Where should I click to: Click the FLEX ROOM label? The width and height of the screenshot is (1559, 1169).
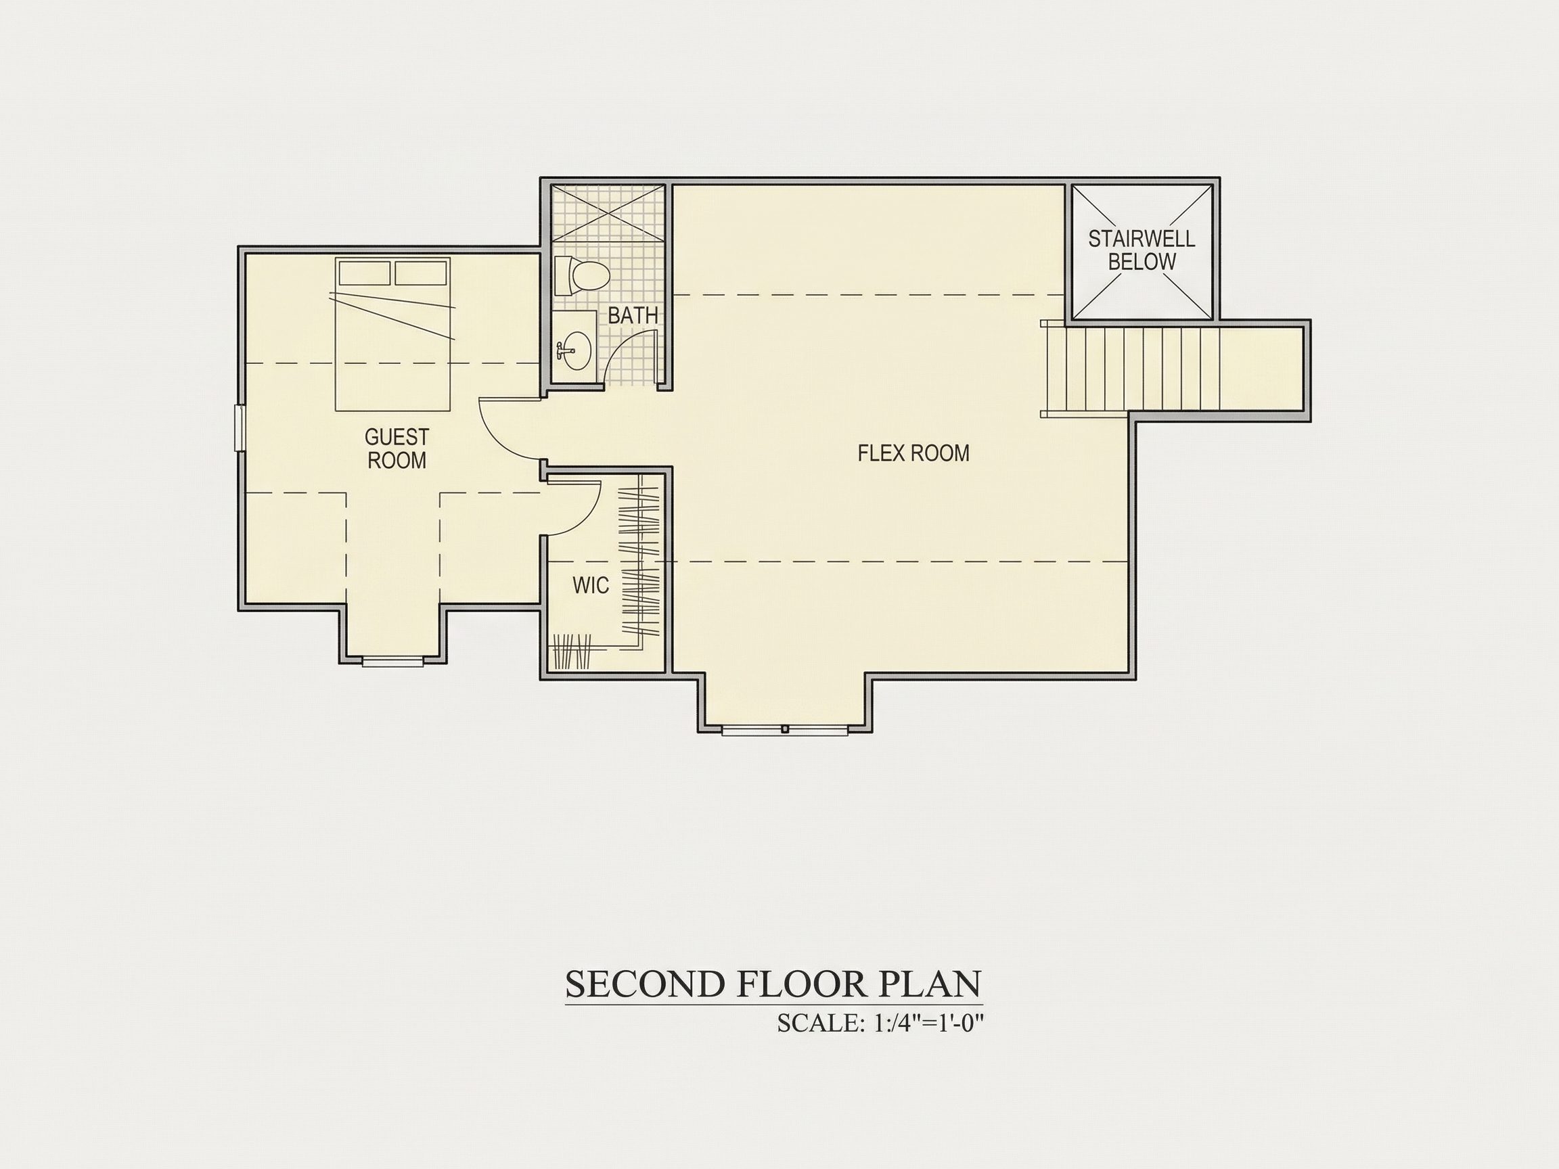[x=913, y=453]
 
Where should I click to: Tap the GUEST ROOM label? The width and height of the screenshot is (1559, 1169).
[x=397, y=449]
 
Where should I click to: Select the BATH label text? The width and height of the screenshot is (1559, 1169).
[x=633, y=316]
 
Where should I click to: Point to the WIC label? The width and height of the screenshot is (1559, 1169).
[x=591, y=585]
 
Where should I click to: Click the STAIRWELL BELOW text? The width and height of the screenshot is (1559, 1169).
[x=1142, y=250]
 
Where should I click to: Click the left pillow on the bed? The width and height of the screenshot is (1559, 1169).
[x=365, y=273]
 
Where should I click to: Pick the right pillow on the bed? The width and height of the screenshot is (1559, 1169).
[x=421, y=273]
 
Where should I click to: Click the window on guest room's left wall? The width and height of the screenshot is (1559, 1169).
[x=240, y=427]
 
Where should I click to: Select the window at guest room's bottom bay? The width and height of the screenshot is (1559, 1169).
[x=392, y=661]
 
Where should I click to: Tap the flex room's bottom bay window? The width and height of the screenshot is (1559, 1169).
[x=784, y=730]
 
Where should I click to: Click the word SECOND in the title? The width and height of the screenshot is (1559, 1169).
[x=645, y=984]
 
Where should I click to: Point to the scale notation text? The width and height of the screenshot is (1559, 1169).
[x=880, y=1022]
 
